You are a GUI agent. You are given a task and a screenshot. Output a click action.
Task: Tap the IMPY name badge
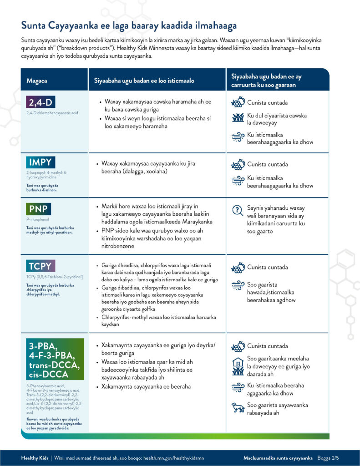click(x=41, y=162)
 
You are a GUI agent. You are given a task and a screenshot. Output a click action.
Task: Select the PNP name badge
click(x=39, y=209)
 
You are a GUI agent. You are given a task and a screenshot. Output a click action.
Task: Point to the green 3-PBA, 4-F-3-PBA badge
click(x=55, y=359)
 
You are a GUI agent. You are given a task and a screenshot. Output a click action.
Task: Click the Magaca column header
click(x=37, y=81)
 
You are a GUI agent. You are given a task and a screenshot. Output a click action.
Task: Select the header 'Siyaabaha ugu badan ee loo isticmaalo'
click(x=144, y=81)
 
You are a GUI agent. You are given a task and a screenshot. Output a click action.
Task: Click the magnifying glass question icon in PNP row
click(x=238, y=210)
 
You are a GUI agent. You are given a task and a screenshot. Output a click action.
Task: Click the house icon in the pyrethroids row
click(x=238, y=362)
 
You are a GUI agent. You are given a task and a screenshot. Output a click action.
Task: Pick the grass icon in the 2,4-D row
click(x=238, y=118)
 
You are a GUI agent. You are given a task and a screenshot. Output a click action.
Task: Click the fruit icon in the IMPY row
click(x=238, y=164)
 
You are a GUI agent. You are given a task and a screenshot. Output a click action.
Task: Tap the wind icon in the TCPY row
click(x=238, y=285)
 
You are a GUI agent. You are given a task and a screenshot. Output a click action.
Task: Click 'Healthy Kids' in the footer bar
click(x=34, y=457)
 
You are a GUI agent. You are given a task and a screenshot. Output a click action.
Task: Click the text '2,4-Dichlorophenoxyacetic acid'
click(x=52, y=112)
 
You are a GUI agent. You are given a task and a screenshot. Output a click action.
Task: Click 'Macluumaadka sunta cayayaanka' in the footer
click(x=278, y=457)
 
